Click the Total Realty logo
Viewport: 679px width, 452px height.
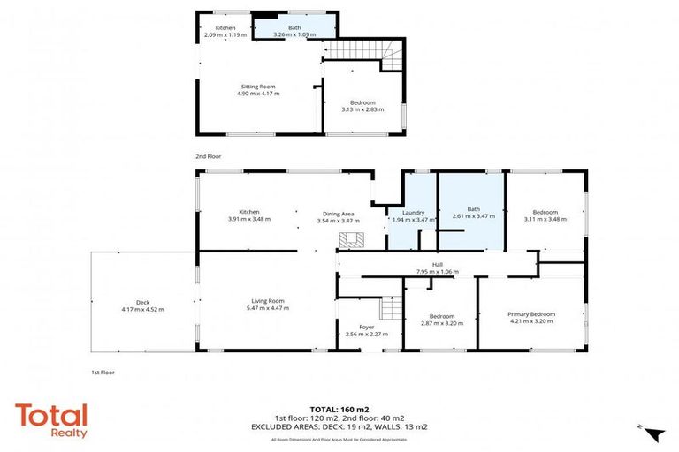pos(51,420)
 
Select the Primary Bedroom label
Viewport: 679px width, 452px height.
pos(531,314)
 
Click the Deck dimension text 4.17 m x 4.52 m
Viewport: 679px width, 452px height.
pos(142,310)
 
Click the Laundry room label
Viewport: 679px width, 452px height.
pos(414,213)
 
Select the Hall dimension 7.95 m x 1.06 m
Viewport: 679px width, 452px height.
pos(438,272)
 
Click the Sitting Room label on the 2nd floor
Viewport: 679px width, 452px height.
pos(257,87)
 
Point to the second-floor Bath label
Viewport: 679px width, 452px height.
pos(293,28)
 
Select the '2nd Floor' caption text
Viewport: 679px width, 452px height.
pos(208,156)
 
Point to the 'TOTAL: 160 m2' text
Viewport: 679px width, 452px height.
pos(339,410)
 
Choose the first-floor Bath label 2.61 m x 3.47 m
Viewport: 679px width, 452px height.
pos(473,215)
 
